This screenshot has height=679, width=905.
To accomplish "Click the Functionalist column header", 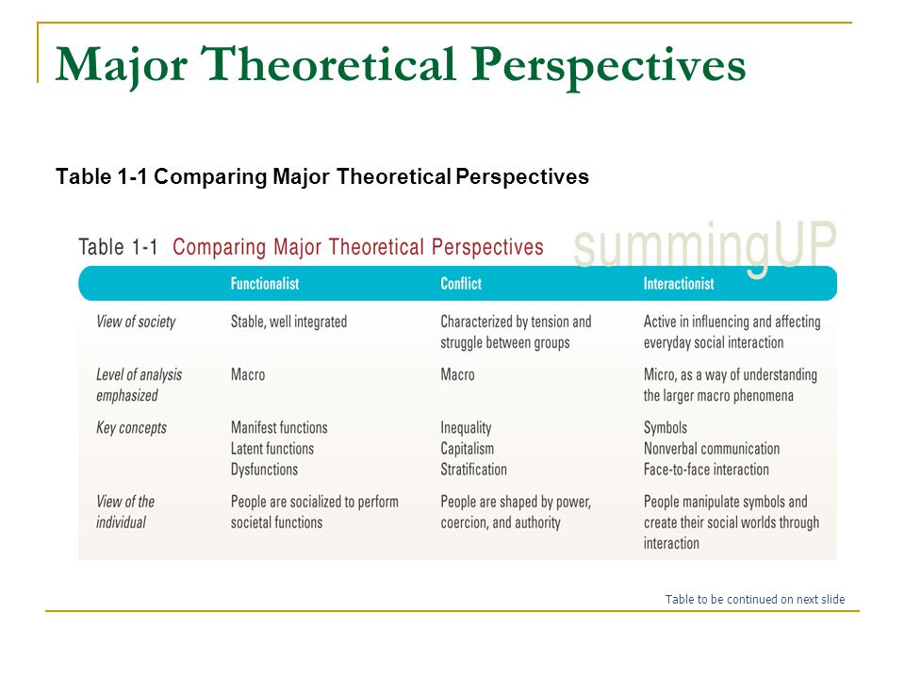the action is pos(265,284).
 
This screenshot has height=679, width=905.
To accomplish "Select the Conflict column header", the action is pos(461,284).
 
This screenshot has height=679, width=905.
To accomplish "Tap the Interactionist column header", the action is pos(679,284).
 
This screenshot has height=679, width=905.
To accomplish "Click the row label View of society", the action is pos(136,323).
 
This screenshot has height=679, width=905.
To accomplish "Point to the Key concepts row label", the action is pos(131,428).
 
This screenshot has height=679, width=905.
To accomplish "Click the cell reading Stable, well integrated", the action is pos(288,323).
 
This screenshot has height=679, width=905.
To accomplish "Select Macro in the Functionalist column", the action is pos(248,374).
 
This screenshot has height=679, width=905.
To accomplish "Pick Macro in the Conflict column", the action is pos(458,374).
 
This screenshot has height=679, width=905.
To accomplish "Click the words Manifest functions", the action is pos(279,428).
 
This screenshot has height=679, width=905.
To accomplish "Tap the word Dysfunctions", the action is pos(264,470).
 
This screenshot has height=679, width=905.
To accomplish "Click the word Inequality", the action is pos(466,428).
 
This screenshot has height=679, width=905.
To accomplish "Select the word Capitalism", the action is pos(467,449).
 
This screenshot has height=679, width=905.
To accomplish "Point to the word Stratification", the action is pos(473,470).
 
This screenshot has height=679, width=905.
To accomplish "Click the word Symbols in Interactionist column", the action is pos(666,428).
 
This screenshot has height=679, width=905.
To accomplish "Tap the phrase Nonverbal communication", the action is pos(712,449).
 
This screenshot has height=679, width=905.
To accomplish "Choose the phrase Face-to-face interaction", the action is pos(706,470).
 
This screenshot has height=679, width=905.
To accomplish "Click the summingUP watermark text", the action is pos(705,246).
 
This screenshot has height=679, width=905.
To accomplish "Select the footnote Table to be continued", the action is pos(754,600).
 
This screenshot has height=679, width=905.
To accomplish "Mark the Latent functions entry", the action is pos(271,449).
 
